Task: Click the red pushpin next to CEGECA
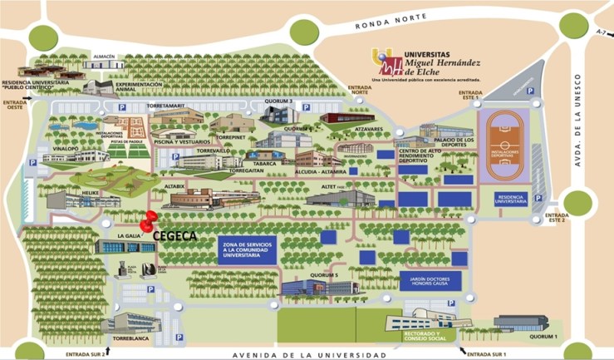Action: coord(149,222)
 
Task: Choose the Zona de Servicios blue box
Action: coord(248,249)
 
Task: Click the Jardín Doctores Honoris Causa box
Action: coord(430,281)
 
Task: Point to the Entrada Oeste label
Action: coord(15,105)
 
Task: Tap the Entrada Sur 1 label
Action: coord(487,354)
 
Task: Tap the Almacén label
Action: coord(104,56)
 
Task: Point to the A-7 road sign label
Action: coord(602,31)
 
